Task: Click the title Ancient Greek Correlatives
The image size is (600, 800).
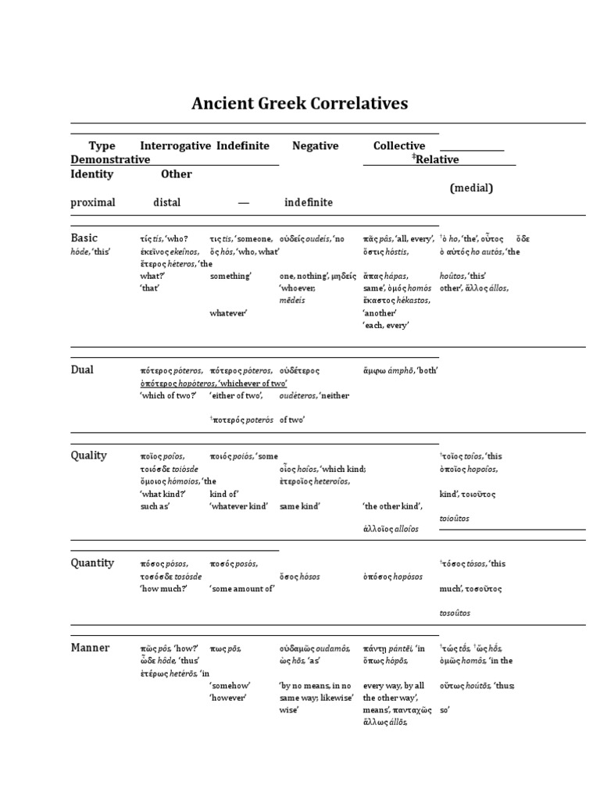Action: click(x=300, y=103)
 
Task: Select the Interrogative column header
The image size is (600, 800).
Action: click(x=175, y=146)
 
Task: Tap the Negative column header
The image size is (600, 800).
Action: click(x=315, y=146)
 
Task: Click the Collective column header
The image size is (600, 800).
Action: click(x=398, y=146)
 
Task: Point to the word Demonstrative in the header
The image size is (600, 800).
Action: click(x=110, y=159)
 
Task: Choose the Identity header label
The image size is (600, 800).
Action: click(x=91, y=174)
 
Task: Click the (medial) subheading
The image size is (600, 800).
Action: click(x=471, y=188)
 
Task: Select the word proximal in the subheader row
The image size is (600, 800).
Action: click(x=93, y=202)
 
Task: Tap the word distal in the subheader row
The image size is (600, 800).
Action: click(x=166, y=202)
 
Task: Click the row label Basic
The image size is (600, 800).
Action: click(x=85, y=237)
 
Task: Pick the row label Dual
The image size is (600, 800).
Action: click(x=82, y=370)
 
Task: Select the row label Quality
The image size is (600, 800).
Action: click(x=88, y=455)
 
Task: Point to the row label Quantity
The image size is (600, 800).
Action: click(x=92, y=562)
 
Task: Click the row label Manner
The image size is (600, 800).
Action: click(x=90, y=648)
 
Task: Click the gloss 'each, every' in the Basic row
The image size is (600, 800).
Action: click(x=386, y=324)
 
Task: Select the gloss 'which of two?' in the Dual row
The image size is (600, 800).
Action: click(x=167, y=395)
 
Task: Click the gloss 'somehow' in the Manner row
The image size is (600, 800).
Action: click(x=230, y=685)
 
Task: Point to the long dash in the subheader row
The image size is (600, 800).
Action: click(x=244, y=202)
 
